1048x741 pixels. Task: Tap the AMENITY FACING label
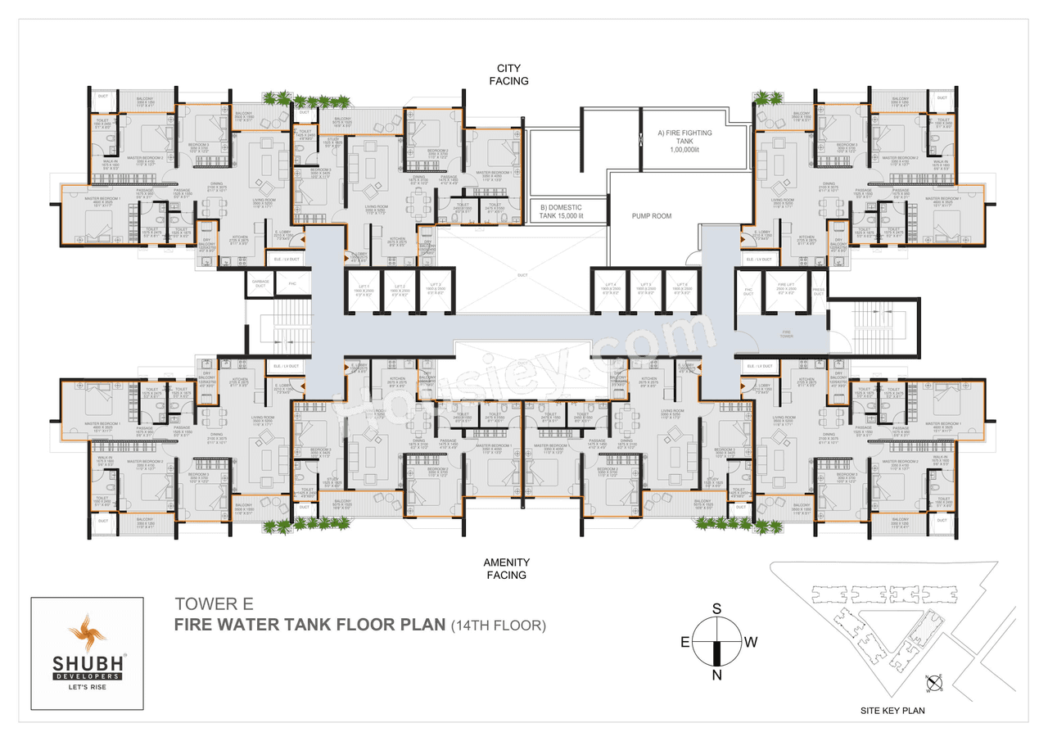(506, 568)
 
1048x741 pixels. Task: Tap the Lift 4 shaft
(610, 291)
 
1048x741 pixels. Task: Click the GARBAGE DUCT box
(260, 284)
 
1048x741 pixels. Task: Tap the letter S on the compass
(716, 608)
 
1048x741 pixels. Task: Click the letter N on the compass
(716, 675)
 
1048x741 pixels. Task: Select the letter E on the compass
(684, 642)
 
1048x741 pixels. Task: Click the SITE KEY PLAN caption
(892, 711)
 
